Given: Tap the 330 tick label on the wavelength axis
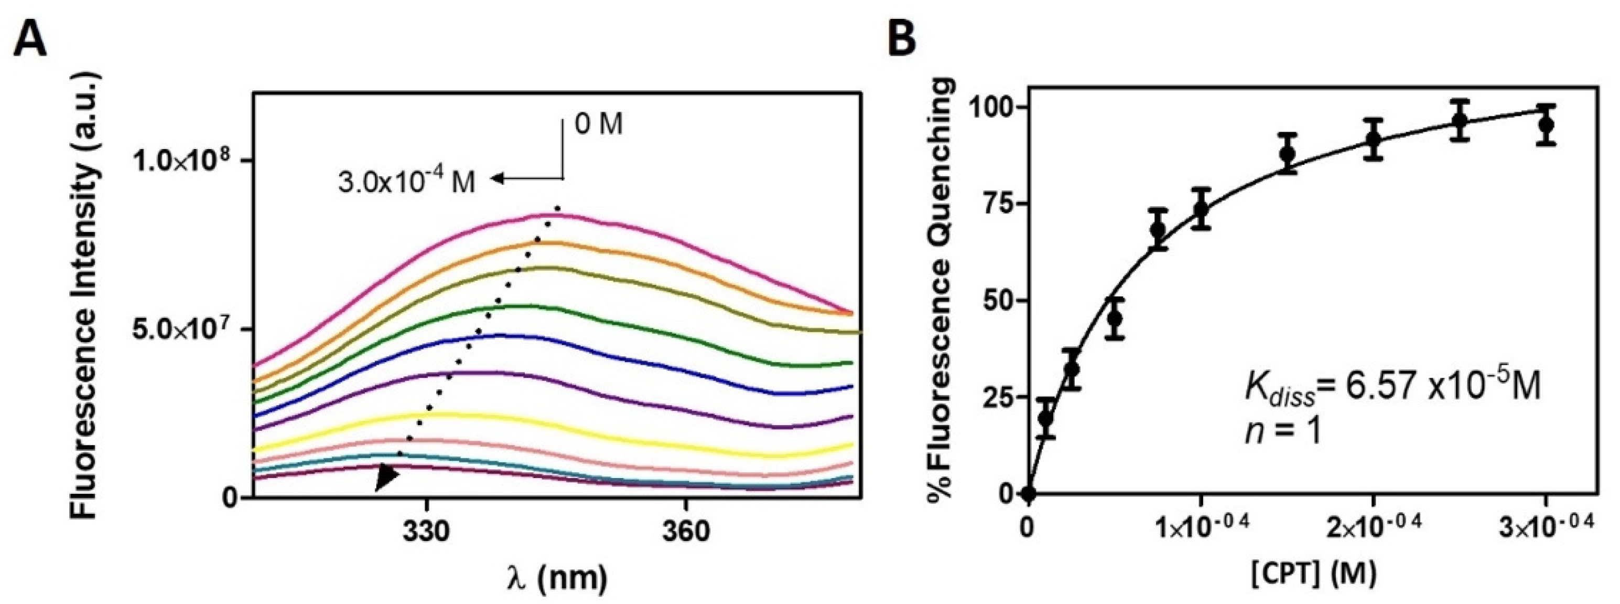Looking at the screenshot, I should click(427, 532).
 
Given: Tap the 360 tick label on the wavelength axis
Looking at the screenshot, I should click(684, 532).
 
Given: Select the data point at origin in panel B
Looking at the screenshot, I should click(1029, 493).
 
